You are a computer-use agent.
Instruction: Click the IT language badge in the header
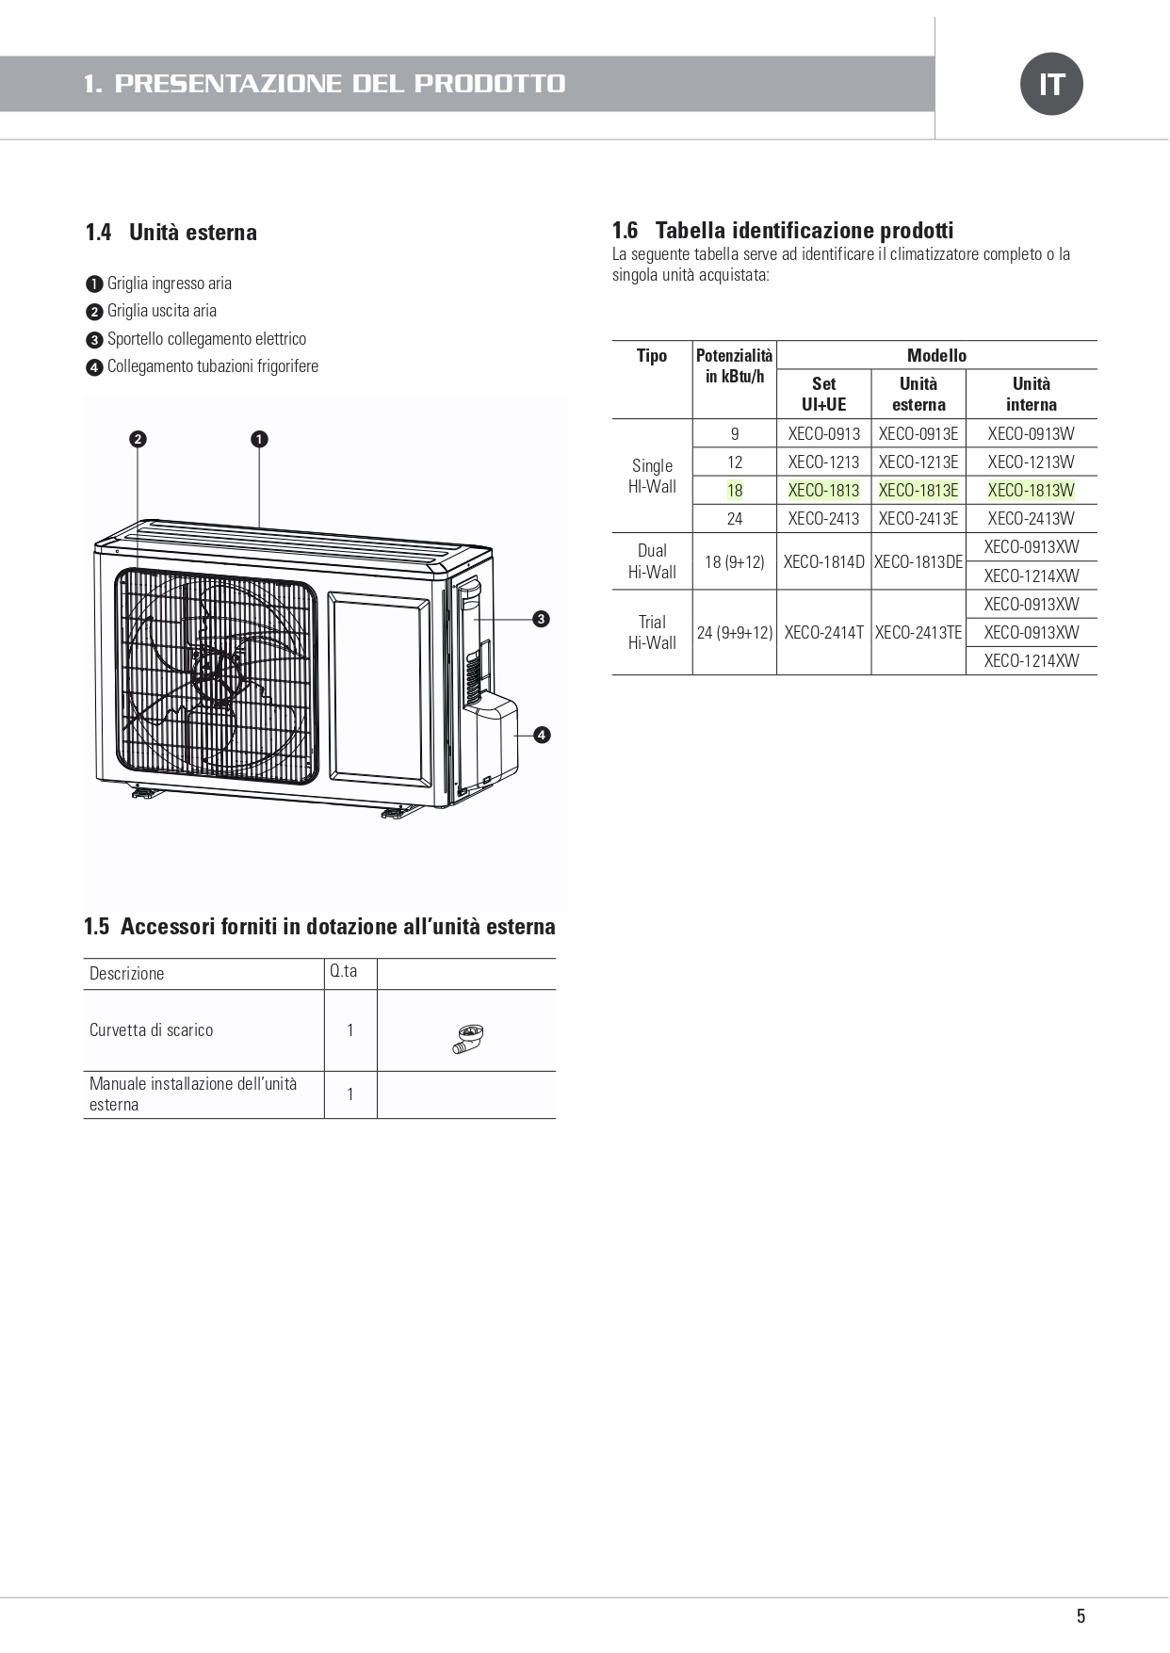1051,84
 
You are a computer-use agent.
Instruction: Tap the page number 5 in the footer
1081,1616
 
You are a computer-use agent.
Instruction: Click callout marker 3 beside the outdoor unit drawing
541,619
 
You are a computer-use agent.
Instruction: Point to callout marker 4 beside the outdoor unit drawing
542,735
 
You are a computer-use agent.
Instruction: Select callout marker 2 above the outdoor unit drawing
138,439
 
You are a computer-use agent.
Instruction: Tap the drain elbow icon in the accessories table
467,1038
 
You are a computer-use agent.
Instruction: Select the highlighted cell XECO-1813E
918,491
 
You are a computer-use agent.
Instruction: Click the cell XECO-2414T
824,633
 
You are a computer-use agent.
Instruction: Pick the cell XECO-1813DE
918,562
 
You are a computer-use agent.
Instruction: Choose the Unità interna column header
1032,394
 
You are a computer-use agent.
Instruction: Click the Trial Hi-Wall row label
652,632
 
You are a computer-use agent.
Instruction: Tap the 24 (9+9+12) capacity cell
735,633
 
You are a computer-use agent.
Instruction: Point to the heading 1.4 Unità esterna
171,233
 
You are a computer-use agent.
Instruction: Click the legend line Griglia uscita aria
161,311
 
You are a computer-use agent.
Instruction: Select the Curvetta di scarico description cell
151,1030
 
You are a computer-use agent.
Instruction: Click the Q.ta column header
344,971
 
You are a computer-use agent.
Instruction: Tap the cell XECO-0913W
1032,434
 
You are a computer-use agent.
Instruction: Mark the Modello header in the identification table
936,355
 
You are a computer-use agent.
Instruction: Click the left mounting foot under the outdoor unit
145,791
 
